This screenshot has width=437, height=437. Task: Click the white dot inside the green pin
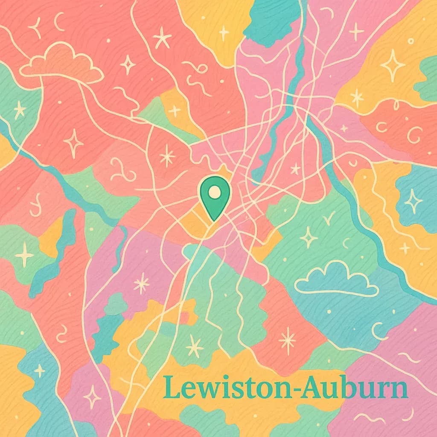tap(215, 193)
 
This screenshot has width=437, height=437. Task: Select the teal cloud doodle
tap(337, 280)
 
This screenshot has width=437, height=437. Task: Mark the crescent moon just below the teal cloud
tap(378, 331)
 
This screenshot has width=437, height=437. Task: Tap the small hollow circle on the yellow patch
tap(411, 41)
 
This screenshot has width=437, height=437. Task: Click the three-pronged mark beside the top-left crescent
tap(34, 28)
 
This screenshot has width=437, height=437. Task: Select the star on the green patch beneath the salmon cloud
tap(19, 110)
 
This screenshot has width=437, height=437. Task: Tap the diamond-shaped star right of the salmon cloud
tap(128, 64)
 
